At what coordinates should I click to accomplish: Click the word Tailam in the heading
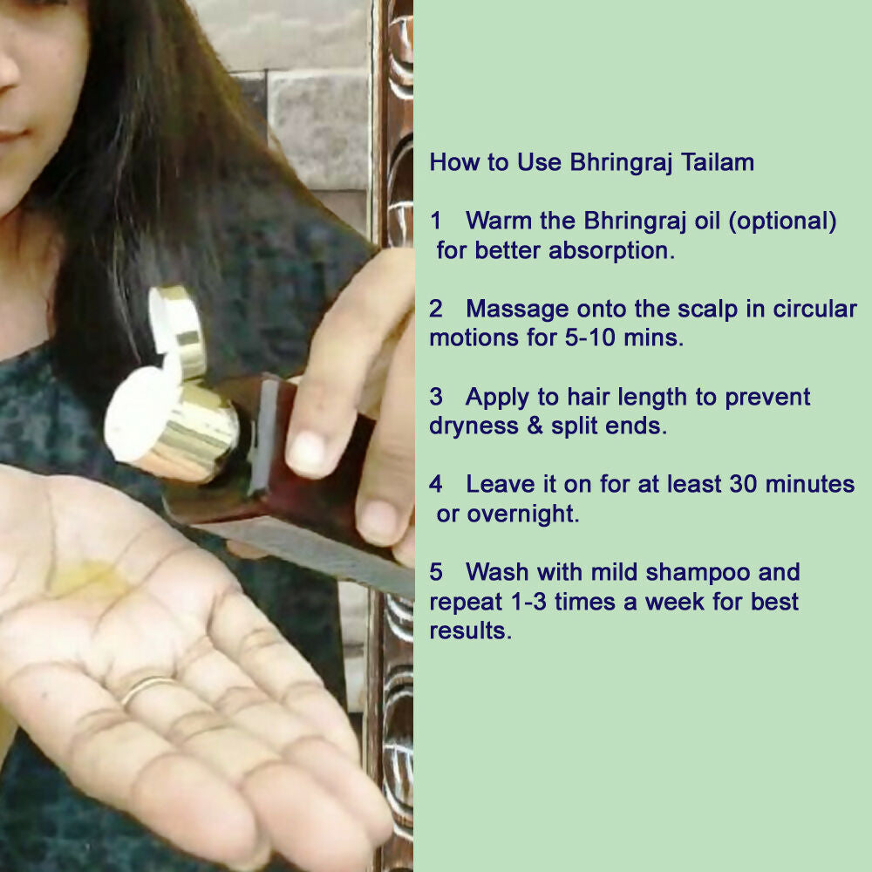(x=718, y=162)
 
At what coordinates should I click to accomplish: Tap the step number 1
(x=435, y=221)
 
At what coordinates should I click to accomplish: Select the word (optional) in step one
(x=782, y=221)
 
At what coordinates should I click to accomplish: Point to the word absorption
(x=612, y=251)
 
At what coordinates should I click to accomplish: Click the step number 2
(x=436, y=309)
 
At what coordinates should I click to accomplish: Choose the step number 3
(x=436, y=397)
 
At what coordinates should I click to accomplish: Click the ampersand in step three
(x=535, y=426)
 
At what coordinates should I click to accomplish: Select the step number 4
(x=436, y=484)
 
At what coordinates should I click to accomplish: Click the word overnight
(x=522, y=514)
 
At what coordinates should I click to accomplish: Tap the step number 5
(x=436, y=572)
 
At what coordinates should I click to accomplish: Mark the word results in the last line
(x=471, y=631)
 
